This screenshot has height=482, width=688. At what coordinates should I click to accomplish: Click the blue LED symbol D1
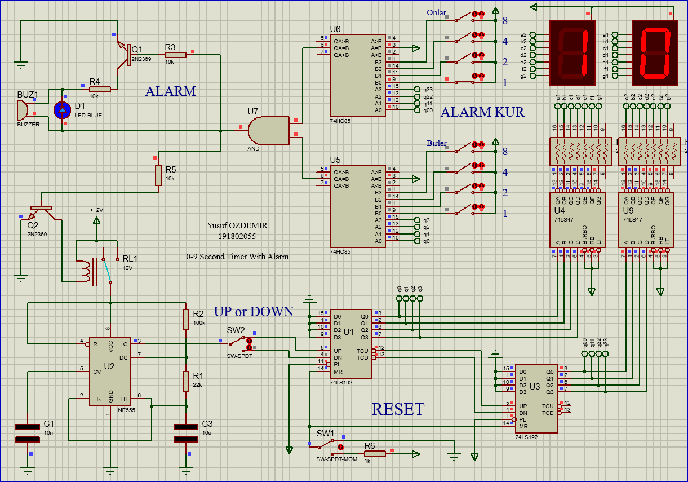(62, 110)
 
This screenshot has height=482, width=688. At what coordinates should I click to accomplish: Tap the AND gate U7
(268, 130)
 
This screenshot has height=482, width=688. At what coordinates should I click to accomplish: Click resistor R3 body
(175, 55)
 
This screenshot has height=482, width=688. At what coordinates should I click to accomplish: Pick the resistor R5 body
(159, 175)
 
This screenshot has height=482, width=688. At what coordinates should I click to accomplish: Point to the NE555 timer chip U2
(110, 372)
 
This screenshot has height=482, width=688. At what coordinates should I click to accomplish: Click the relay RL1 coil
(85, 270)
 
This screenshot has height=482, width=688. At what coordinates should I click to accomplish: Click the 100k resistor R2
(185, 319)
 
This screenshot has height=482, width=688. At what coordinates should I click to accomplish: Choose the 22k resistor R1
(185, 382)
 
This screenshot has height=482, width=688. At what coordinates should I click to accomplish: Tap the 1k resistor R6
(374, 453)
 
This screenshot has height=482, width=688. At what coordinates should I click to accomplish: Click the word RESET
(398, 409)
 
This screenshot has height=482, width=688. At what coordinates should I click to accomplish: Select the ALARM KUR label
(482, 112)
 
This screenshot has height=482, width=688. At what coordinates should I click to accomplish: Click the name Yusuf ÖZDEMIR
(237, 226)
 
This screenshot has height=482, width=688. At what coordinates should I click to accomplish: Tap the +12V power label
(96, 210)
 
